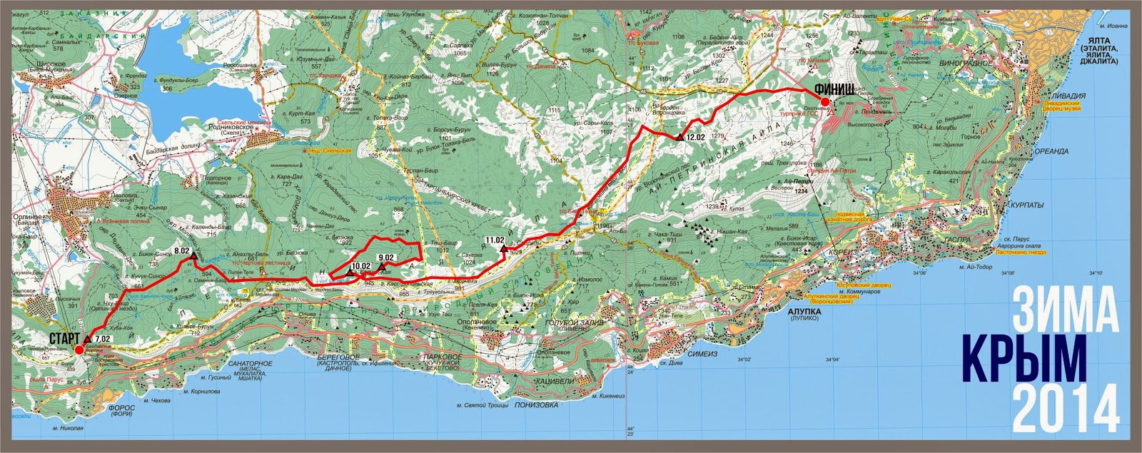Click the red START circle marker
pyautogui.click(x=79, y=350)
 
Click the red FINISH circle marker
pyautogui.click(x=825, y=103)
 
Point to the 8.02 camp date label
pyautogui.click(x=182, y=251)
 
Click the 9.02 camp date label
pyautogui.click(x=386, y=258)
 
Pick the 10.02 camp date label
pyautogui.click(x=361, y=267)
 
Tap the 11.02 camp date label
pyautogui.click(x=495, y=240)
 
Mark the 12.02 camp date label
pyautogui.click(x=695, y=137)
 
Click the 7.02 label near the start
pyautogui.click(x=103, y=339)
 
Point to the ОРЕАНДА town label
pyautogui.click(x=1051, y=151)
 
